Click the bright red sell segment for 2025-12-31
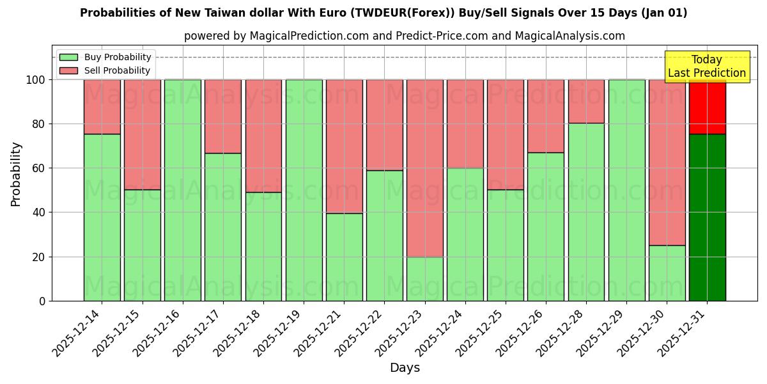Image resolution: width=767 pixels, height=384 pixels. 707,107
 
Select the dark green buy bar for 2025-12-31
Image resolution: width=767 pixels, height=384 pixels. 707,218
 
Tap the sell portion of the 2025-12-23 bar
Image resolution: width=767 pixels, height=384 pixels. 425,168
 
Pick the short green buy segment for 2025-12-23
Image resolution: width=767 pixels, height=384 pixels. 425,279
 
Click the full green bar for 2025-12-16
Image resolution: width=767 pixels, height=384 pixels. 183,190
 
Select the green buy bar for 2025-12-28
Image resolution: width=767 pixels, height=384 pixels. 586,212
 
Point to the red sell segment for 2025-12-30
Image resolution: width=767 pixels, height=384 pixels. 667,162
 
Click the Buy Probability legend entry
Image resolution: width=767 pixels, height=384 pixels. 105,57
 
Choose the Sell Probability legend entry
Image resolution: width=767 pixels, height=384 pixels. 105,70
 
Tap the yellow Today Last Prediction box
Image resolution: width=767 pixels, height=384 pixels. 706,67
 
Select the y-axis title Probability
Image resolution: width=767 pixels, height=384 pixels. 16,173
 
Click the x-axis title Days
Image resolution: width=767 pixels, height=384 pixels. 405,367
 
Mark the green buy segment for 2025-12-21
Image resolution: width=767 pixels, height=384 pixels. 345,257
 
